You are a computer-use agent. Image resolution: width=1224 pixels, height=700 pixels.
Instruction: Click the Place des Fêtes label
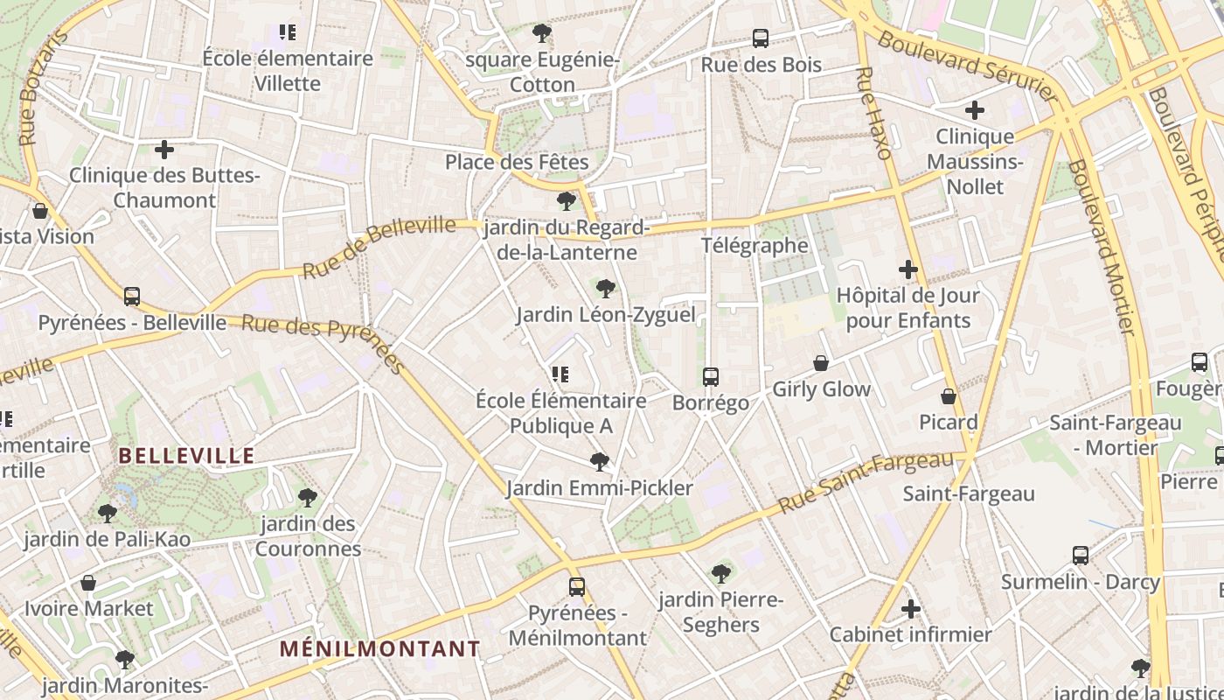click(x=517, y=162)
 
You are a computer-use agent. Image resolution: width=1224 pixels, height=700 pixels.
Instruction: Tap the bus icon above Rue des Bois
click(x=761, y=38)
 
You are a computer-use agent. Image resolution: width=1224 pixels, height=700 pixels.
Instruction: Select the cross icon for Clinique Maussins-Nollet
click(x=975, y=110)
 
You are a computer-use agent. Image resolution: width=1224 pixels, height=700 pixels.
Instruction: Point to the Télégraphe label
click(x=755, y=245)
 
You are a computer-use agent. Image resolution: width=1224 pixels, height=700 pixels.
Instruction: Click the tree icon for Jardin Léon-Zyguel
click(x=605, y=288)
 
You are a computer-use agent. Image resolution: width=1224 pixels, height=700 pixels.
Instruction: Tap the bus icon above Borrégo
click(x=711, y=377)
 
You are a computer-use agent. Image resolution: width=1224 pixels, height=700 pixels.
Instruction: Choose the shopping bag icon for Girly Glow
click(x=821, y=363)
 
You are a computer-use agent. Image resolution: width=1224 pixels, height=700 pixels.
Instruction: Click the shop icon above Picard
click(x=949, y=397)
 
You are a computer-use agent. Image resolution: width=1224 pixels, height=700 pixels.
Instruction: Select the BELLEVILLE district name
click(x=186, y=456)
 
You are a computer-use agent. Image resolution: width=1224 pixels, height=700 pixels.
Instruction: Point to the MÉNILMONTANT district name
click(x=380, y=649)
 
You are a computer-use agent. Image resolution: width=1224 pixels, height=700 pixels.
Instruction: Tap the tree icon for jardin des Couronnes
click(x=307, y=498)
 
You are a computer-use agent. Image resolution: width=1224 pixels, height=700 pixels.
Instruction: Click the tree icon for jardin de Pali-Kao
click(x=108, y=513)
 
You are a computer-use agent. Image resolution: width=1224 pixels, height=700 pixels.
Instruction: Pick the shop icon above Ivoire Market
click(x=88, y=583)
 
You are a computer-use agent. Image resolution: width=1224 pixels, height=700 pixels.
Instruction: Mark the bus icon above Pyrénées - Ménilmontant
click(x=577, y=587)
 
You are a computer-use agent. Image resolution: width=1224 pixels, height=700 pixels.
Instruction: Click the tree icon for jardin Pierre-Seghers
click(x=721, y=574)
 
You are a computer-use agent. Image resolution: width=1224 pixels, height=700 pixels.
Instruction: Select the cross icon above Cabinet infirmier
click(x=911, y=608)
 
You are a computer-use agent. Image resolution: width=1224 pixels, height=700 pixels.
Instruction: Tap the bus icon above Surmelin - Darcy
click(x=1081, y=556)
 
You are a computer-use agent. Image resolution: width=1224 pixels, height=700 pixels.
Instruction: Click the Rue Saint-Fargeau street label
click(x=866, y=482)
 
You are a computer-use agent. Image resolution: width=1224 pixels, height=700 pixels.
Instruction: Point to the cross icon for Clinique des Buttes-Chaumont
click(x=164, y=150)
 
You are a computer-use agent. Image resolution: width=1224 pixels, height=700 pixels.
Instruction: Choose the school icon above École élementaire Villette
click(x=288, y=33)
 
